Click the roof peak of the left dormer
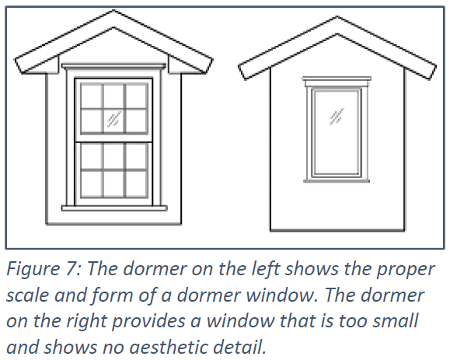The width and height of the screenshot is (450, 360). point(114,11)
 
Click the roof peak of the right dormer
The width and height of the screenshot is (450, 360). point(337,17)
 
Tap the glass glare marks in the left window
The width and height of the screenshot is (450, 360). point(114,119)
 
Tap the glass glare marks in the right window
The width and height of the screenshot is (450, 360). point(337,117)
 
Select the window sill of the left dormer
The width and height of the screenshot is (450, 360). point(114,208)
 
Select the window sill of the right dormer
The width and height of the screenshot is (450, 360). point(337,180)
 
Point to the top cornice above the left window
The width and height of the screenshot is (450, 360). point(114,66)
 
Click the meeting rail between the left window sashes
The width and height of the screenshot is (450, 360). point(113,142)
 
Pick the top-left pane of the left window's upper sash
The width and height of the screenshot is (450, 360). point(92,96)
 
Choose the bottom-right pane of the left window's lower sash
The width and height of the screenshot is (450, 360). point(136,184)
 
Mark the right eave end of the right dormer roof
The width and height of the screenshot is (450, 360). point(433,72)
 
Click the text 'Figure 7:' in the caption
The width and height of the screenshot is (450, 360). point(43,269)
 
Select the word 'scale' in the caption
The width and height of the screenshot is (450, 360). point(27,295)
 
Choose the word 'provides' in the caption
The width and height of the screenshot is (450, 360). point(148,321)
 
